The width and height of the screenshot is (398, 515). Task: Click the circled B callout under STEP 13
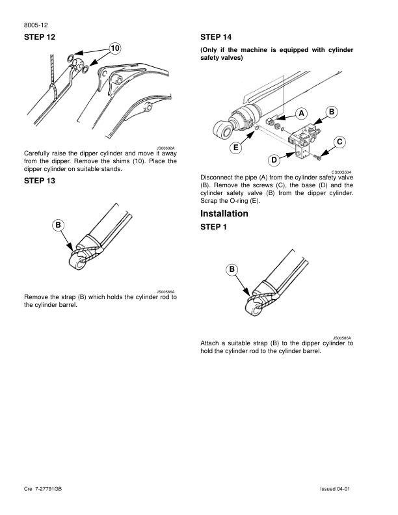(59, 225)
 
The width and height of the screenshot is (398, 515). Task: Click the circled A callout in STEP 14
(302, 112)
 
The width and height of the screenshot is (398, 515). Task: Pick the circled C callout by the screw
(339, 142)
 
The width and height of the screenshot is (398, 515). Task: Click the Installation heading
(224, 213)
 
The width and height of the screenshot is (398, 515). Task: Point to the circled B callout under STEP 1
(232, 269)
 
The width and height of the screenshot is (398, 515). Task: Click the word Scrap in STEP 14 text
(210, 201)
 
